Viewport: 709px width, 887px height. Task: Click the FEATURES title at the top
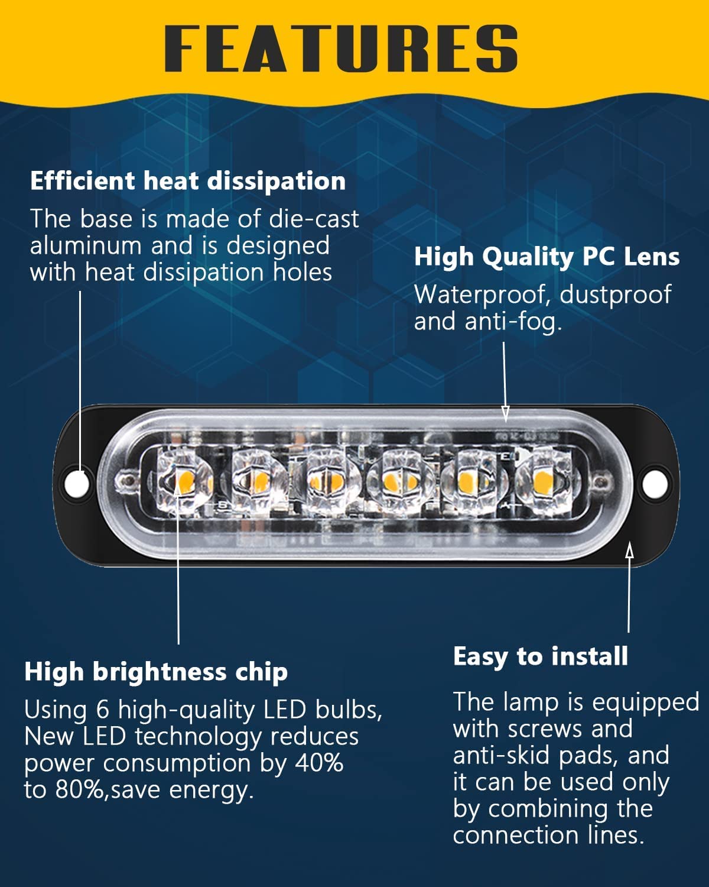341,48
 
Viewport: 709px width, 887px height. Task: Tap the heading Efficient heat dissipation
188,182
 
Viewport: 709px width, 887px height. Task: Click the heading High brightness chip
156,673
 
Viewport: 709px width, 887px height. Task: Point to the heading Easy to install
541,656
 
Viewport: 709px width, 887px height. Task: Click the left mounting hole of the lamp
77,483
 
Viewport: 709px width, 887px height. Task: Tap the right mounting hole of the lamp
655,484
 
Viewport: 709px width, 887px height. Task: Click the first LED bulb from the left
183,481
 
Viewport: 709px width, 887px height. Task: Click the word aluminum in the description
86,246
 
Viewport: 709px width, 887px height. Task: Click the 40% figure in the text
319,763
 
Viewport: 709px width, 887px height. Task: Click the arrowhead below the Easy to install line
629,551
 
